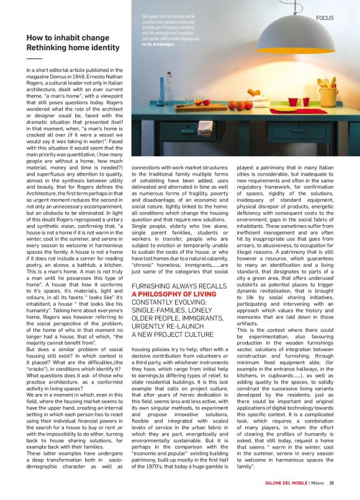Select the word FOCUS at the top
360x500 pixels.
click(326, 18)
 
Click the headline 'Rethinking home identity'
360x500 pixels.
click(73, 48)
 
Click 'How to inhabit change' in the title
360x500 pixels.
click(67, 38)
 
